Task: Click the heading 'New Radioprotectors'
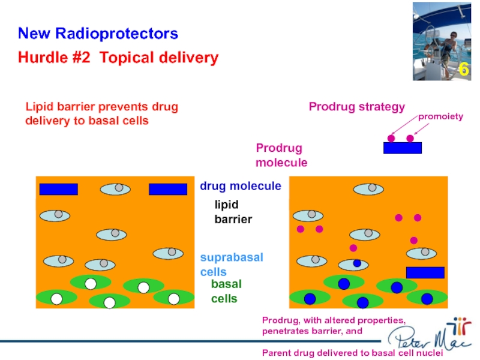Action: [98, 33]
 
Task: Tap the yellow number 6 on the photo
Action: [463, 70]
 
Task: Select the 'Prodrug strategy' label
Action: [356, 107]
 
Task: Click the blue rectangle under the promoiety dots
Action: [403, 148]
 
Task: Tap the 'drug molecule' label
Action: [240, 186]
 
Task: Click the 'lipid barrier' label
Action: [233, 212]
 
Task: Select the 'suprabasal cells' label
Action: [231, 264]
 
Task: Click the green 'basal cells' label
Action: [226, 291]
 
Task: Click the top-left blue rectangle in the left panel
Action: [58, 190]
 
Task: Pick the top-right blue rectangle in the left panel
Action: [168, 190]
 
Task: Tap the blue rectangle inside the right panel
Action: [425, 272]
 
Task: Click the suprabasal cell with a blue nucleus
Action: [354, 263]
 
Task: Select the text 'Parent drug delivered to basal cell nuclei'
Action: [352, 353]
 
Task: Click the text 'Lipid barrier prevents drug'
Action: [101, 107]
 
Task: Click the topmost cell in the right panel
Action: [368, 189]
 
